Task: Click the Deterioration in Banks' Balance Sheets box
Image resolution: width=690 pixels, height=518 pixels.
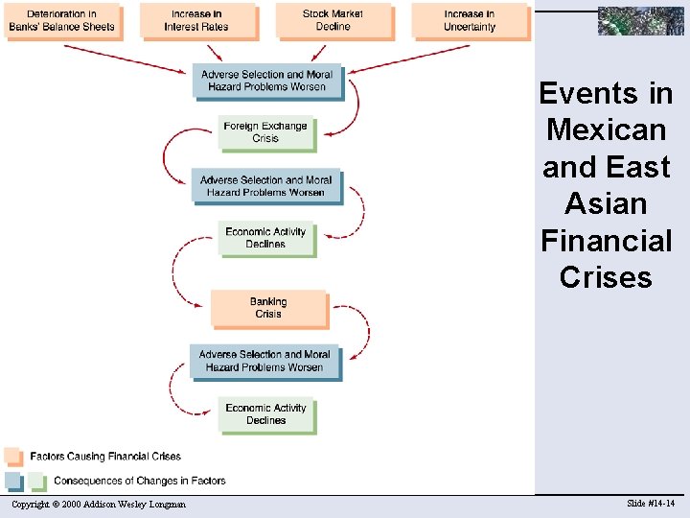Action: click(x=60, y=21)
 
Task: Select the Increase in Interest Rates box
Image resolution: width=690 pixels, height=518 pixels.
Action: click(x=196, y=21)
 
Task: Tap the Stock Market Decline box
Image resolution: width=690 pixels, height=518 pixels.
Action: click(x=333, y=21)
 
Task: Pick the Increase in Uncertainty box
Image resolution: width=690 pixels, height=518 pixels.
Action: click(x=470, y=21)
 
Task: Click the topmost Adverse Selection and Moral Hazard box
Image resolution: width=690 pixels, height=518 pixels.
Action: click(x=265, y=81)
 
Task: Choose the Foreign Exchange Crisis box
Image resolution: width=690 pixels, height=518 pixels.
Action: click(x=265, y=132)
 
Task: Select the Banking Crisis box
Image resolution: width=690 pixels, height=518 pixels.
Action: click(x=268, y=308)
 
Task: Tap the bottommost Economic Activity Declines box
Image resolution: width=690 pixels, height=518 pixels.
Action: click(x=265, y=414)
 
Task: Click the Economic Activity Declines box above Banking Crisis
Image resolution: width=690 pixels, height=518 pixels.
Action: click(x=265, y=238)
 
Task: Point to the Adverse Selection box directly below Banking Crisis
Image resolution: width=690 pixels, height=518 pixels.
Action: click(x=264, y=361)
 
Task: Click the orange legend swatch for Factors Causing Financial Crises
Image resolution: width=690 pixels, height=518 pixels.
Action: click(x=12, y=456)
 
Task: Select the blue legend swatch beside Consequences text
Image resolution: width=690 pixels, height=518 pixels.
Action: click(x=12, y=481)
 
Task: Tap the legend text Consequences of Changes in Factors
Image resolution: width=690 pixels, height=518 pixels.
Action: click(x=140, y=481)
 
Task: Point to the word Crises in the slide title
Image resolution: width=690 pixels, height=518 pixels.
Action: click(x=606, y=277)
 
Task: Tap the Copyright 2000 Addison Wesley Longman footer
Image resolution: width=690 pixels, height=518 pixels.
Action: click(x=99, y=505)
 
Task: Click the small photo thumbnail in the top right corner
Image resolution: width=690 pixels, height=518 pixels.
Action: click(x=641, y=20)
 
